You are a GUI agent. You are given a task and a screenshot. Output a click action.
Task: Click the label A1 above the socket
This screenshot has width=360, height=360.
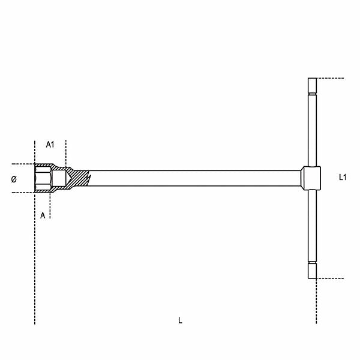(x=50, y=145)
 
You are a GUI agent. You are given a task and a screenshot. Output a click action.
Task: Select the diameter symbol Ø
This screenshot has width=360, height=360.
(x=14, y=179)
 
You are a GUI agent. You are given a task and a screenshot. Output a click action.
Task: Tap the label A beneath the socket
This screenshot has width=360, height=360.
(x=43, y=215)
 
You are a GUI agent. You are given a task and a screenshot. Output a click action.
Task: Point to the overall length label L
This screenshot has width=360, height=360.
(x=180, y=320)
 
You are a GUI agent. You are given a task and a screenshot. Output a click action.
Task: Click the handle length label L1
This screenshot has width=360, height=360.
(x=343, y=177)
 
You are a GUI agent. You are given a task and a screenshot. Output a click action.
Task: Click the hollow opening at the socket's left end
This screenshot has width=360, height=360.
(x=42, y=178)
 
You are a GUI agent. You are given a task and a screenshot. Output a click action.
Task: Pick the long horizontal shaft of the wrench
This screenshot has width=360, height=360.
(x=192, y=178)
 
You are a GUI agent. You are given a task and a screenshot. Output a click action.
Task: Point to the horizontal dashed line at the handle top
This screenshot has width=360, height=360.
(x=333, y=78)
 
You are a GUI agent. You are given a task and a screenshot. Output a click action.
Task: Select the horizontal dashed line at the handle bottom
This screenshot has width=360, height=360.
(x=333, y=278)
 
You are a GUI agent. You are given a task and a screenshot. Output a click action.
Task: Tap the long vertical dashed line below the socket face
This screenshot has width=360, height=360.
(x=35, y=264)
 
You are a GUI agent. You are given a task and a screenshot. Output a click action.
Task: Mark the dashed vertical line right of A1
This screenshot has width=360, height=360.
(x=66, y=153)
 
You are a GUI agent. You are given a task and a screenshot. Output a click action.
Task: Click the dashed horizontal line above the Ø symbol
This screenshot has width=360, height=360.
(x=21, y=164)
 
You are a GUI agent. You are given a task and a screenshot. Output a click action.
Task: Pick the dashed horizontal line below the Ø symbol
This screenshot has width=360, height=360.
(x=21, y=193)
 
